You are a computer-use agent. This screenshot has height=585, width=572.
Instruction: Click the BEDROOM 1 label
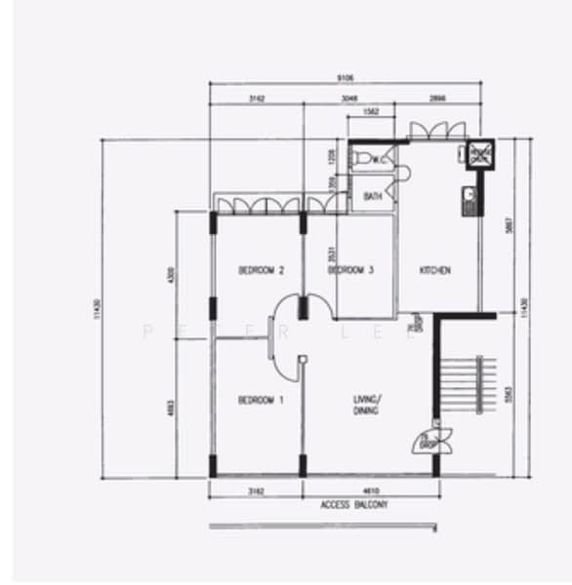pyautogui.click(x=261, y=400)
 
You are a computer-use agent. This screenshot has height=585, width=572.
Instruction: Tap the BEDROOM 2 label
pyautogui.click(x=261, y=270)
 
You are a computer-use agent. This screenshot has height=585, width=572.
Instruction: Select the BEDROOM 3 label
pyautogui.click(x=350, y=270)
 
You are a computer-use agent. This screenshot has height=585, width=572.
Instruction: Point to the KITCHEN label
pyautogui.click(x=435, y=270)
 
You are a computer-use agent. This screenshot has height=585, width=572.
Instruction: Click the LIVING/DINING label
pyautogui.click(x=367, y=405)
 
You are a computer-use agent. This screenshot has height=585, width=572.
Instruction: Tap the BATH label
pyautogui.click(x=372, y=196)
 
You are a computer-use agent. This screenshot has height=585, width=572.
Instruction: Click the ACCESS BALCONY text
pyautogui.click(x=353, y=505)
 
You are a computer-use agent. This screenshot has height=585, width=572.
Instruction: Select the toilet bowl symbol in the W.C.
pyautogui.click(x=362, y=158)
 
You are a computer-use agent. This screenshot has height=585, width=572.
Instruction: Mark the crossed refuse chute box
pyautogui.click(x=479, y=154)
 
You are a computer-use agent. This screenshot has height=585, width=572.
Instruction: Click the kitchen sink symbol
pyautogui.click(x=470, y=201)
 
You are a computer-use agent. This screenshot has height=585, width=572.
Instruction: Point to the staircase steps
pyautogui.click(x=463, y=384)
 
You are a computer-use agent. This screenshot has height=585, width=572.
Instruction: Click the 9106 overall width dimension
pyautogui.click(x=347, y=77)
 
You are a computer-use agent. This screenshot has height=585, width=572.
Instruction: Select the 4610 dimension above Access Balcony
pyautogui.click(x=372, y=490)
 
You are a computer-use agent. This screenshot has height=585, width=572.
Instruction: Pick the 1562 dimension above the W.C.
pyautogui.click(x=372, y=112)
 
